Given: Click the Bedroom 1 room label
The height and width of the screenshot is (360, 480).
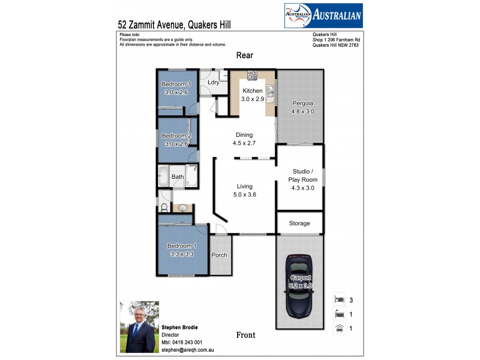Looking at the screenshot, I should (x=180, y=246).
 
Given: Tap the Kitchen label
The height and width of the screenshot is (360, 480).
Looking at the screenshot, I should (x=253, y=91).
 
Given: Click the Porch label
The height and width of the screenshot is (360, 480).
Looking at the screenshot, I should (x=220, y=255).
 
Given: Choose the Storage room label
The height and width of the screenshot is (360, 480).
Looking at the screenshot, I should (x=299, y=223).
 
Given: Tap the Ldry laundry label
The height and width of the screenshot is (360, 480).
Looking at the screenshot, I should (x=212, y=83).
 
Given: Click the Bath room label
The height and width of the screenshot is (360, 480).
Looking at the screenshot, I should (x=178, y=177).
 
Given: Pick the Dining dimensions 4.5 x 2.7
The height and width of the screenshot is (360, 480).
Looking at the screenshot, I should (x=244, y=144).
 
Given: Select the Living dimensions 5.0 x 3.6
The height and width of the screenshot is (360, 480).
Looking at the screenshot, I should (x=244, y=194).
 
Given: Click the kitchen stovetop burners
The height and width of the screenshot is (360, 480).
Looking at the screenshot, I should (x=252, y=76).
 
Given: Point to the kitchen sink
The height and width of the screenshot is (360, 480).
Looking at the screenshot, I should (x=271, y=92).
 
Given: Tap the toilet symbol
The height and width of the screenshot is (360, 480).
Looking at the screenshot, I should (x=164, y=208).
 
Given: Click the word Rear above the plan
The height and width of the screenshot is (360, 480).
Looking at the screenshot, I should (x=245, y=55).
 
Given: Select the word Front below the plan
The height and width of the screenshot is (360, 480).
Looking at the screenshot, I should (x=246, y=335).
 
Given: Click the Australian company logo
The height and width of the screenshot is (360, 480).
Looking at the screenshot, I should (x=322, y=15).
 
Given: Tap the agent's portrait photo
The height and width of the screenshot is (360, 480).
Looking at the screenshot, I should (x=140, y=326).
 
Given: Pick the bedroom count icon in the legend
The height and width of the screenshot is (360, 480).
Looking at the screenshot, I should (x=339, y=299).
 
